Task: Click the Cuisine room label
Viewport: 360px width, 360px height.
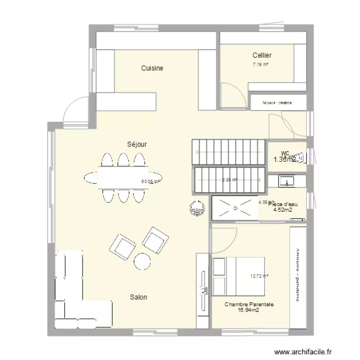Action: point(152,68)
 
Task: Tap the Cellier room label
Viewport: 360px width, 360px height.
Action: point(262,56)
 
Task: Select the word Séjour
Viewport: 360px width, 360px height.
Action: point(137,144)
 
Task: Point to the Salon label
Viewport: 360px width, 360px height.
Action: point(138,297)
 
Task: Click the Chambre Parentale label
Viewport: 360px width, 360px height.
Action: point(249,304)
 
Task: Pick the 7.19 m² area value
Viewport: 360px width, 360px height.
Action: point(261,64)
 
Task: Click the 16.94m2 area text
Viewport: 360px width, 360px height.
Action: point(249,310)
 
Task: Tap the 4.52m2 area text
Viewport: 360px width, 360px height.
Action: point(283,210)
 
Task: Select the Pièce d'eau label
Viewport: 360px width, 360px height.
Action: point(283,204)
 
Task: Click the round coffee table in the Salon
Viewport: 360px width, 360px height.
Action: point(143,261)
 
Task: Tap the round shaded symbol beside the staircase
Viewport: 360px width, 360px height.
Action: point(196,207)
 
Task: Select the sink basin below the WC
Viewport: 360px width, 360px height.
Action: point(288,181)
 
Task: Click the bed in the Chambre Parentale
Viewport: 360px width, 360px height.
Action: point(238,276)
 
